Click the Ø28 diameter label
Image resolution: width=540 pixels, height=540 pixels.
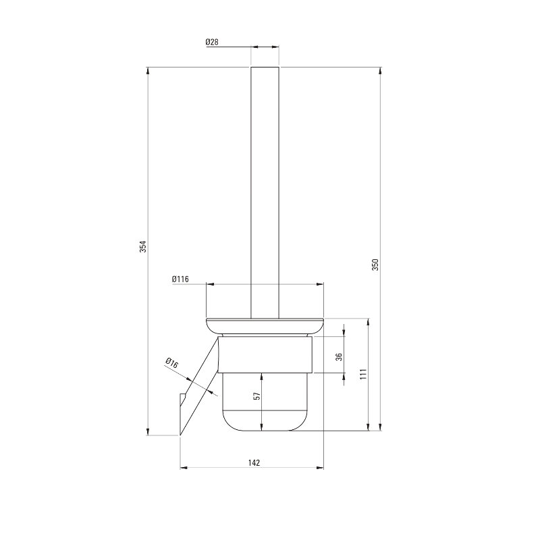point(212,42)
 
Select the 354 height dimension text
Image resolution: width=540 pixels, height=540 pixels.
point(143,246)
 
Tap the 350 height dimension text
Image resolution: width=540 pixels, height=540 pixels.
point(375,265)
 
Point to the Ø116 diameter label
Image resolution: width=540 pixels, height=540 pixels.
point(180,279)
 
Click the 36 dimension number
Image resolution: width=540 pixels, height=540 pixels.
point(340,356)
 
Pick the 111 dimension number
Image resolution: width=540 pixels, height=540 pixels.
point(364,374)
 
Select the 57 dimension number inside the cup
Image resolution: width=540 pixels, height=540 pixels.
point(257,396)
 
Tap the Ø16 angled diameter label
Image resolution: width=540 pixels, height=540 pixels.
point(172,363)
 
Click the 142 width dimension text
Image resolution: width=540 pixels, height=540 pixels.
point(254,463)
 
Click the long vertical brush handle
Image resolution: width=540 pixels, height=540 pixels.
point(265,192)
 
